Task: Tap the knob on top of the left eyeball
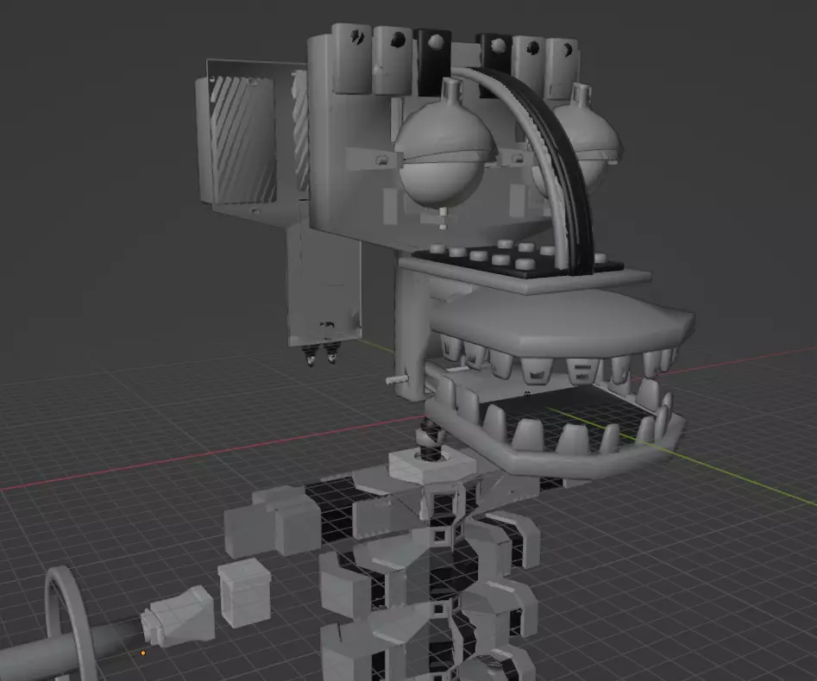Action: [x=450, y=90]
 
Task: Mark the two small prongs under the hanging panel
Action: [x=321, y=354]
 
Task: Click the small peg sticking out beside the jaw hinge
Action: [x=394, y=378]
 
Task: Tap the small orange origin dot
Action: [x=143, y=653]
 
